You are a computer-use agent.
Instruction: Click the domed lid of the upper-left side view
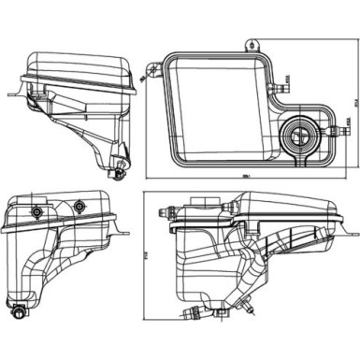pyautogui.click(x=75, y=65)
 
